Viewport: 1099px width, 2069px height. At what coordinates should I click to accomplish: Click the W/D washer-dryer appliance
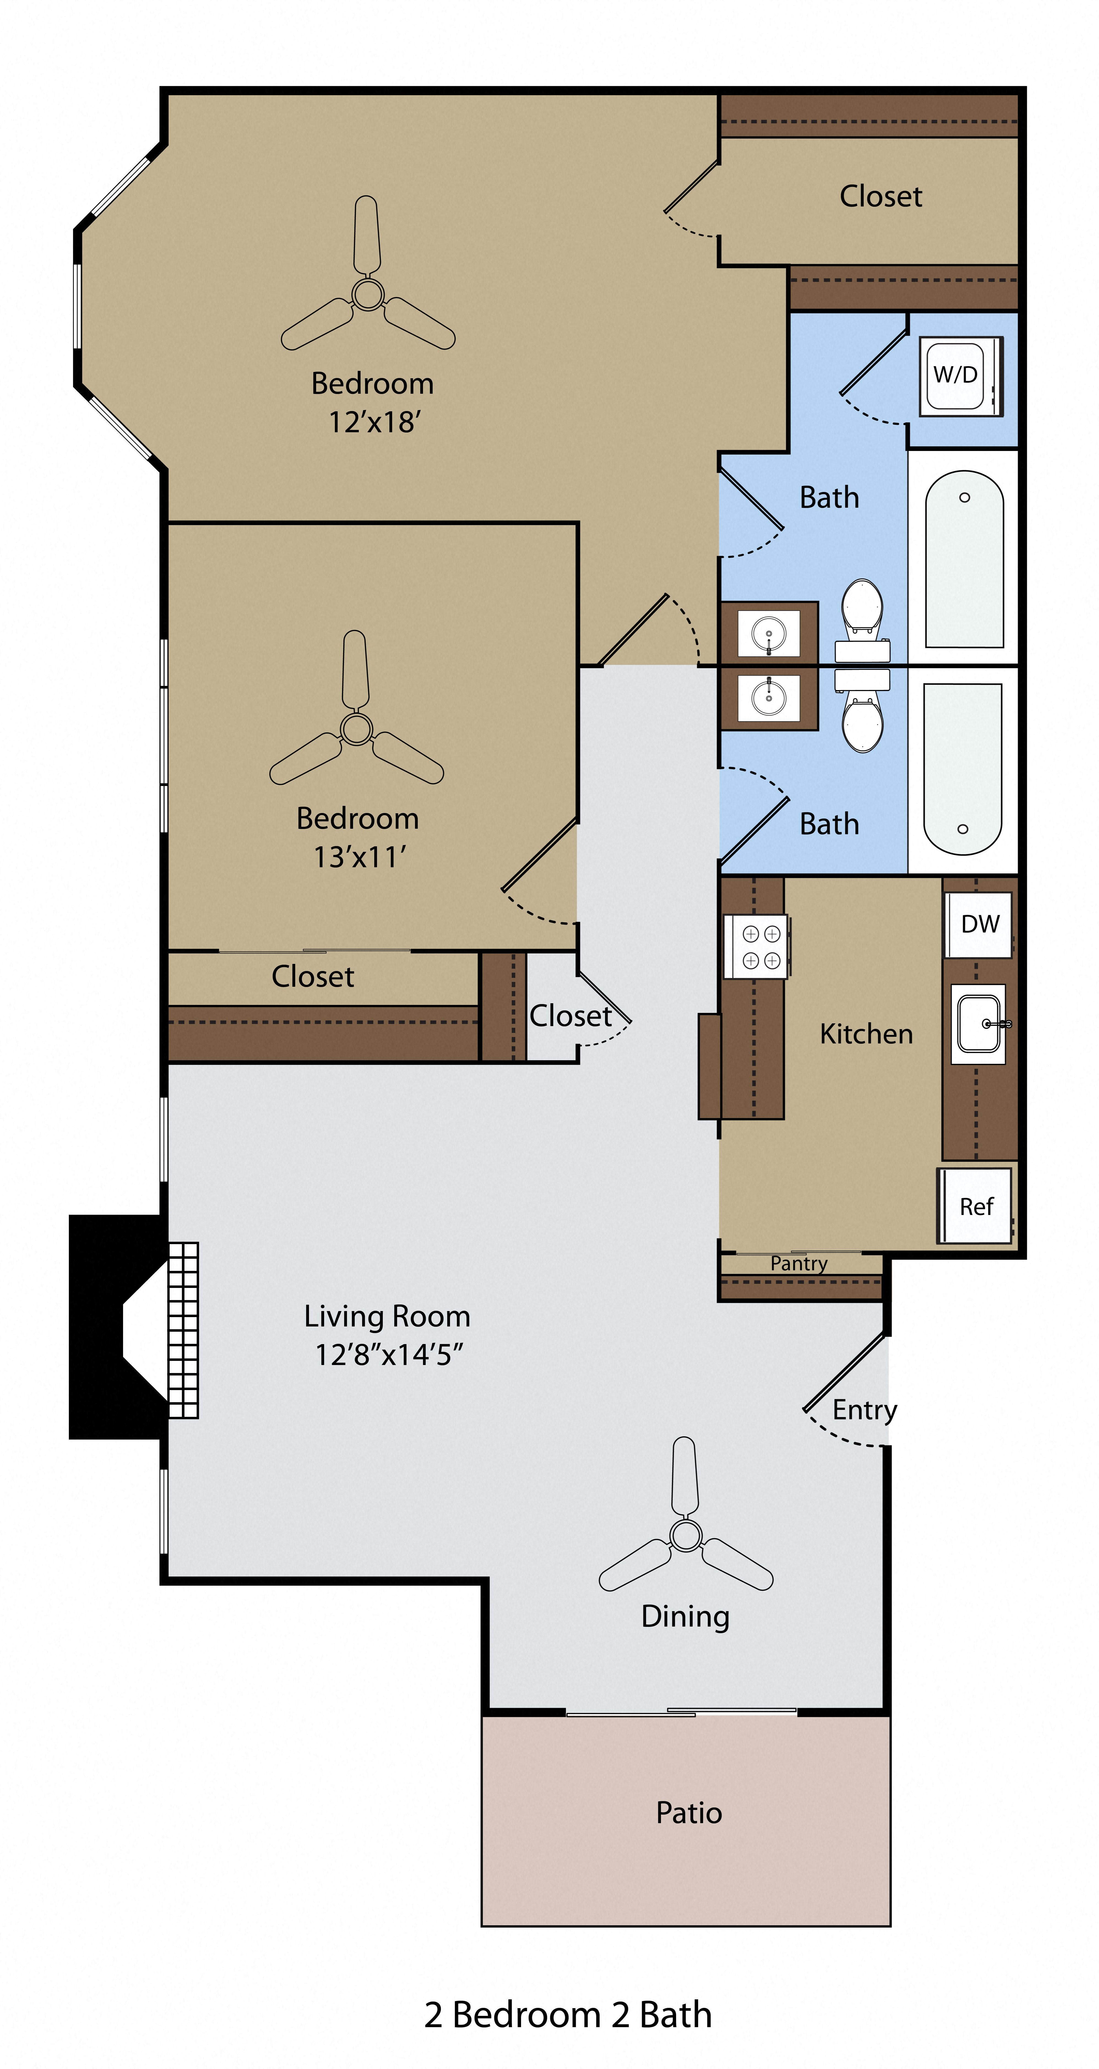(x=960, y=375)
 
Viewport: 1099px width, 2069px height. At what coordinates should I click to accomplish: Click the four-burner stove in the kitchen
(x=756, y=947)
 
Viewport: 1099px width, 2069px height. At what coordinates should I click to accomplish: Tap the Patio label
(x=688, y=1813)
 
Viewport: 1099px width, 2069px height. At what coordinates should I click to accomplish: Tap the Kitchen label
(x=866, y=1034)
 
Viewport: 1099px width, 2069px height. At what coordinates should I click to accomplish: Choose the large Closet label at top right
(x=880, y=196)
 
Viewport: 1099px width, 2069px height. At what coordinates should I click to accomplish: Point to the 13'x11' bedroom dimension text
(x=359, y=857)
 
